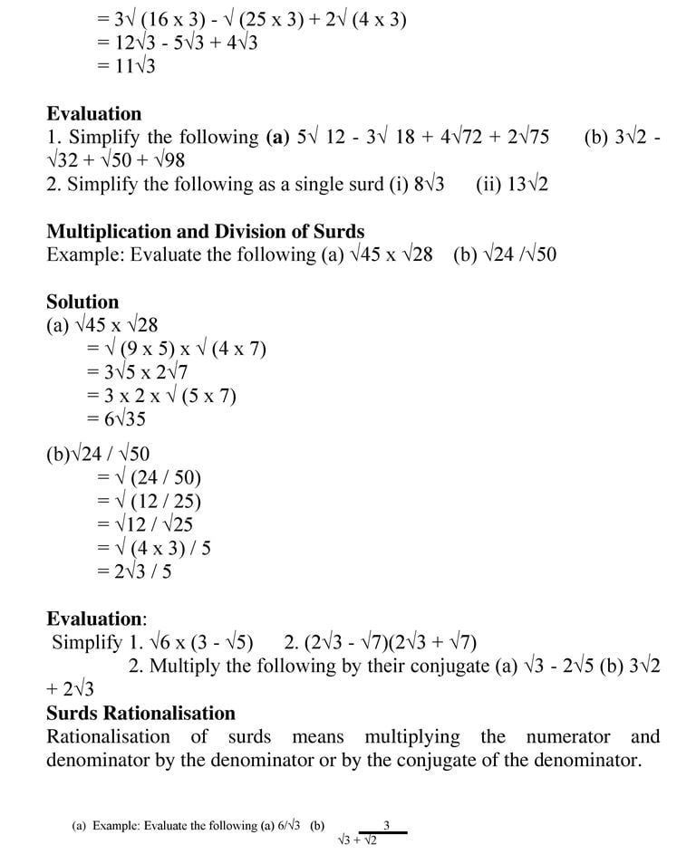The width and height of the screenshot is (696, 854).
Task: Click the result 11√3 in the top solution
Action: [131, 66]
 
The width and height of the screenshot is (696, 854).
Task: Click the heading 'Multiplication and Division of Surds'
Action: [205, 231]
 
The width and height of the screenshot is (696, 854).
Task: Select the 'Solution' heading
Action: [82, 302]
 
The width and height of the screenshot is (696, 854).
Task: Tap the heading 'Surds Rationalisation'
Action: [140, 714]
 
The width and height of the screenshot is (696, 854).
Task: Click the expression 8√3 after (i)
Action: [429, 185]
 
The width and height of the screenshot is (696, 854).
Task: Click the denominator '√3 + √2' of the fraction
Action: [357, 840]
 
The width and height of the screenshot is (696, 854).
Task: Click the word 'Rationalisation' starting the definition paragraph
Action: [108, 737]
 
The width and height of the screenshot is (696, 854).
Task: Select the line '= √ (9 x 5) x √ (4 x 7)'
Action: [176, 349]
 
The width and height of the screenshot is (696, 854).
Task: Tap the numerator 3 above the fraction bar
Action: [387, 825]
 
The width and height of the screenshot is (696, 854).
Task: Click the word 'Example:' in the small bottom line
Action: [112, 826]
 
